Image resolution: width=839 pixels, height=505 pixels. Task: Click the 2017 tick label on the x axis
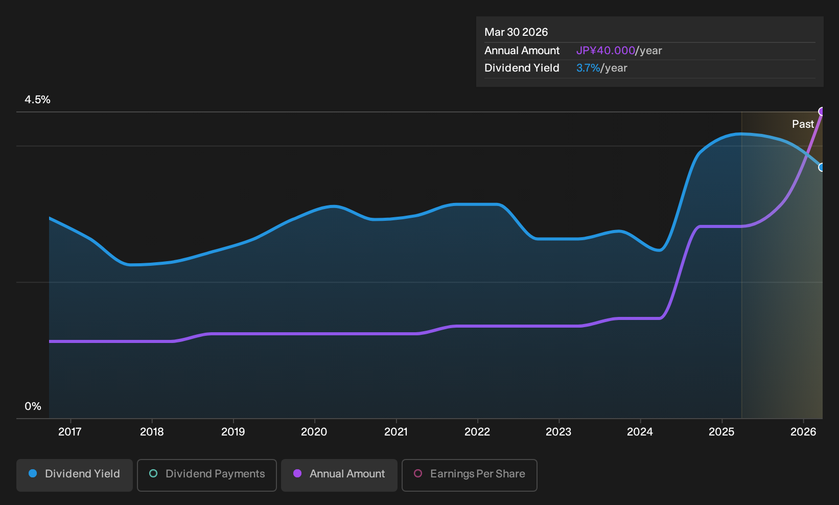point(70,432)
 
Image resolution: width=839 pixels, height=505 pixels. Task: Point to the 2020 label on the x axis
point(314,432)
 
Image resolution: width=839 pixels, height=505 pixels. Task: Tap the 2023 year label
point(558,432)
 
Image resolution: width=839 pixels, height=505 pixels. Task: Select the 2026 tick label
point(803,432)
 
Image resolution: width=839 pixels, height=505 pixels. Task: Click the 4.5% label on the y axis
point(37,100)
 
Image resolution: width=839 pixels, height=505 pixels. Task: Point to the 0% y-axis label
point(33,406)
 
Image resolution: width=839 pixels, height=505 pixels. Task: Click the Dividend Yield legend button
point(75,475)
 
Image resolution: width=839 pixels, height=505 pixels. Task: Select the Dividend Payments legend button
point(207,475)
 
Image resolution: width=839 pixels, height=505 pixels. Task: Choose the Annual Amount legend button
point(339,475)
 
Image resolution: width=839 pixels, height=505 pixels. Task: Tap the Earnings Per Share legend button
point(469,475)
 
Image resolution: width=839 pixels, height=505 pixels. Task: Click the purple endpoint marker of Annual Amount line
point(822,111)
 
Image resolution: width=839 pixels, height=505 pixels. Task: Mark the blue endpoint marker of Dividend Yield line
point(822,167)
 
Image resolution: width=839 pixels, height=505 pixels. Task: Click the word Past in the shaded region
point(803,124)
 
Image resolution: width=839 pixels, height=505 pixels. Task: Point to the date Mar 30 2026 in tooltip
point(516,32)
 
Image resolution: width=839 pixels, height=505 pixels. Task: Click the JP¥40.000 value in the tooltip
point(605,51)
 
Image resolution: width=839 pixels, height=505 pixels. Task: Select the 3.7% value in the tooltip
point(588,68)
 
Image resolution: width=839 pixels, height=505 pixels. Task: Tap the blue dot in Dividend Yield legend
point(33,473)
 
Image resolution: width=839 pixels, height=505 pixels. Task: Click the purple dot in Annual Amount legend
point(297,473)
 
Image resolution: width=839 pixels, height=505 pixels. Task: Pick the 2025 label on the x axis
point(721,432)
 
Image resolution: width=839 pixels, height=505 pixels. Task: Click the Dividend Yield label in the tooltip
point(522,68)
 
